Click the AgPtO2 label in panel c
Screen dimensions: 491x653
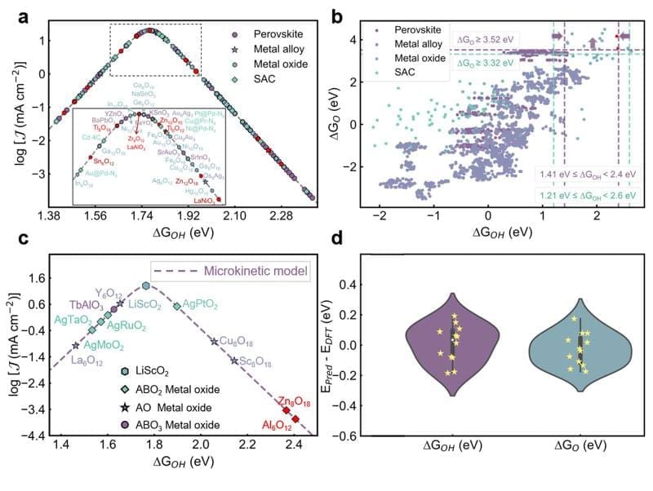[x=200, y=303]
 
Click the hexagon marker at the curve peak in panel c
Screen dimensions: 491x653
[x=145, y=286]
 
